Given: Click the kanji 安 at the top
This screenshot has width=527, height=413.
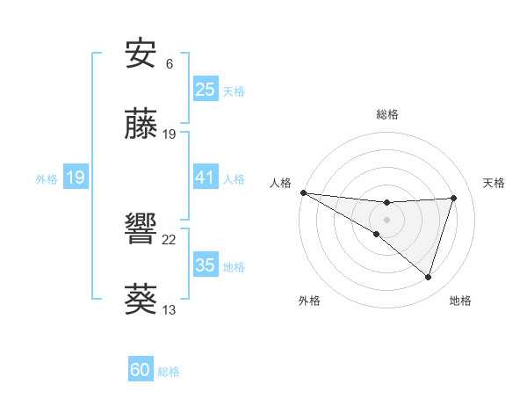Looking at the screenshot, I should [141, 55].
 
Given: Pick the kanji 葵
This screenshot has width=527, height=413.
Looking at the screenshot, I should [141, 299].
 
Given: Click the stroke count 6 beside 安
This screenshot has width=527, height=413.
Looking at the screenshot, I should [169, 64].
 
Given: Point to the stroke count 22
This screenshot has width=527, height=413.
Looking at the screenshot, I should [170, 239].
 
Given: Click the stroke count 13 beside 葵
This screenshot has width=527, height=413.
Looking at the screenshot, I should [170, 309].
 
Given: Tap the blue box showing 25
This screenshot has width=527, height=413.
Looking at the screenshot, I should [205, 90].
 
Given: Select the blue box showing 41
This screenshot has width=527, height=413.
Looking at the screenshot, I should [205, 178].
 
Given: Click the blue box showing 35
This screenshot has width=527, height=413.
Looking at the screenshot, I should [205, 265].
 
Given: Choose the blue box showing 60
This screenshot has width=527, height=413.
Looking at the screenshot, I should [140, 370].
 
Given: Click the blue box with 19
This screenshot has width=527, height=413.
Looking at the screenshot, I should [75, 178].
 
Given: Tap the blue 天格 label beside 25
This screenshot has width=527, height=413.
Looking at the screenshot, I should [234, 91].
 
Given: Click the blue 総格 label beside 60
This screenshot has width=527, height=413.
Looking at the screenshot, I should [169, 371].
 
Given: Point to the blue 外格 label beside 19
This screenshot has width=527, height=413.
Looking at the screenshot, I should [47, 178].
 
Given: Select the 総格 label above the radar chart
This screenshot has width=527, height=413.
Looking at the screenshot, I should [386, 114].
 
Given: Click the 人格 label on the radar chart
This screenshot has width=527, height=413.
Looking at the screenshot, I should [281, 183].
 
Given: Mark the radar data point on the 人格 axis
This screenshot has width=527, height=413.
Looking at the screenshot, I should [303, 192].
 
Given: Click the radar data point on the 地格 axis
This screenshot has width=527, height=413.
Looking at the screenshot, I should [428, 278].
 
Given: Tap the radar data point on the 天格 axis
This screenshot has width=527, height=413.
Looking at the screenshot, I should [453, 198].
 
